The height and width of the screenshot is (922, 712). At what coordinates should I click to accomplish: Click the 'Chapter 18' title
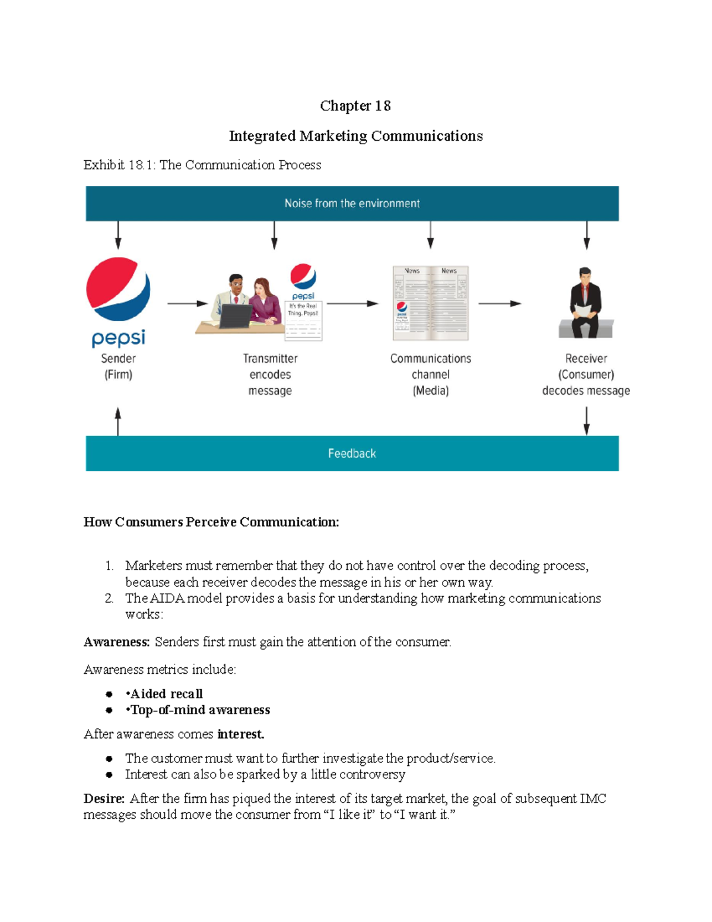pyautogui.click(x=355, y=106)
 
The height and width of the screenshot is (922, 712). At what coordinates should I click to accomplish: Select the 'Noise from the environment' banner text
pyautogui.click(x=352, y=204)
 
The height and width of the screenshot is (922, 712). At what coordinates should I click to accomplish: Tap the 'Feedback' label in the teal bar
pyautogui.click(x=352, y=454)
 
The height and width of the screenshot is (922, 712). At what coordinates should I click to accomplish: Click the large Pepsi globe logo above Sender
pyautogui.click(x=118, y=289)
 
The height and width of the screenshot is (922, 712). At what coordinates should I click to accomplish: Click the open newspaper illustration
pyautogui.click(x=431, y=303)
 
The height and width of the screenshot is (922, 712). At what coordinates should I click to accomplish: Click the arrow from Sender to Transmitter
pyautogui.click(x=187, y=303)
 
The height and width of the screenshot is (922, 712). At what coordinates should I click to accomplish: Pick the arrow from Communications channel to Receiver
pyautogui.click(x=500, y=303)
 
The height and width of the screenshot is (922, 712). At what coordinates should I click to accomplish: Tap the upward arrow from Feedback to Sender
pyautogui.click(x=118, y=421)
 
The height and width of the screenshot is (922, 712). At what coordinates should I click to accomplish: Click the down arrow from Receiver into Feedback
pyautogui.click(x=586, y=421)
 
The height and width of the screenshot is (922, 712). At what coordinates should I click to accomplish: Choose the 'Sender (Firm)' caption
pyautogui.click(x=118, y=366)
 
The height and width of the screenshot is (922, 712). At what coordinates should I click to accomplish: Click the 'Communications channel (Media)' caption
pyautogui.click(x=431, y=375)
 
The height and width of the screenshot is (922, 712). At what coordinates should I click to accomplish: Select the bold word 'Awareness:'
pyautogui.click(x=117, y=642)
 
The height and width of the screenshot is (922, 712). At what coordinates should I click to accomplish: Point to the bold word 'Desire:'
pyautogui.click(x=104, y=799)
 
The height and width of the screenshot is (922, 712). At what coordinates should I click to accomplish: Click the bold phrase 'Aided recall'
pyautogui.click(x=167, y=694)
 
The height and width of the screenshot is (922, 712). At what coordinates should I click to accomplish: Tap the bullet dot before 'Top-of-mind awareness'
pyautogui.click(x=109, y=710)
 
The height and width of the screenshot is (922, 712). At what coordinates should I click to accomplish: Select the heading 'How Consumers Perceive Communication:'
pyautogui.click(x=211, y=522)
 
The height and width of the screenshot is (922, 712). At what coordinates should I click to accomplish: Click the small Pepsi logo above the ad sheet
pyautogui.click(x=303, y=277)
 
